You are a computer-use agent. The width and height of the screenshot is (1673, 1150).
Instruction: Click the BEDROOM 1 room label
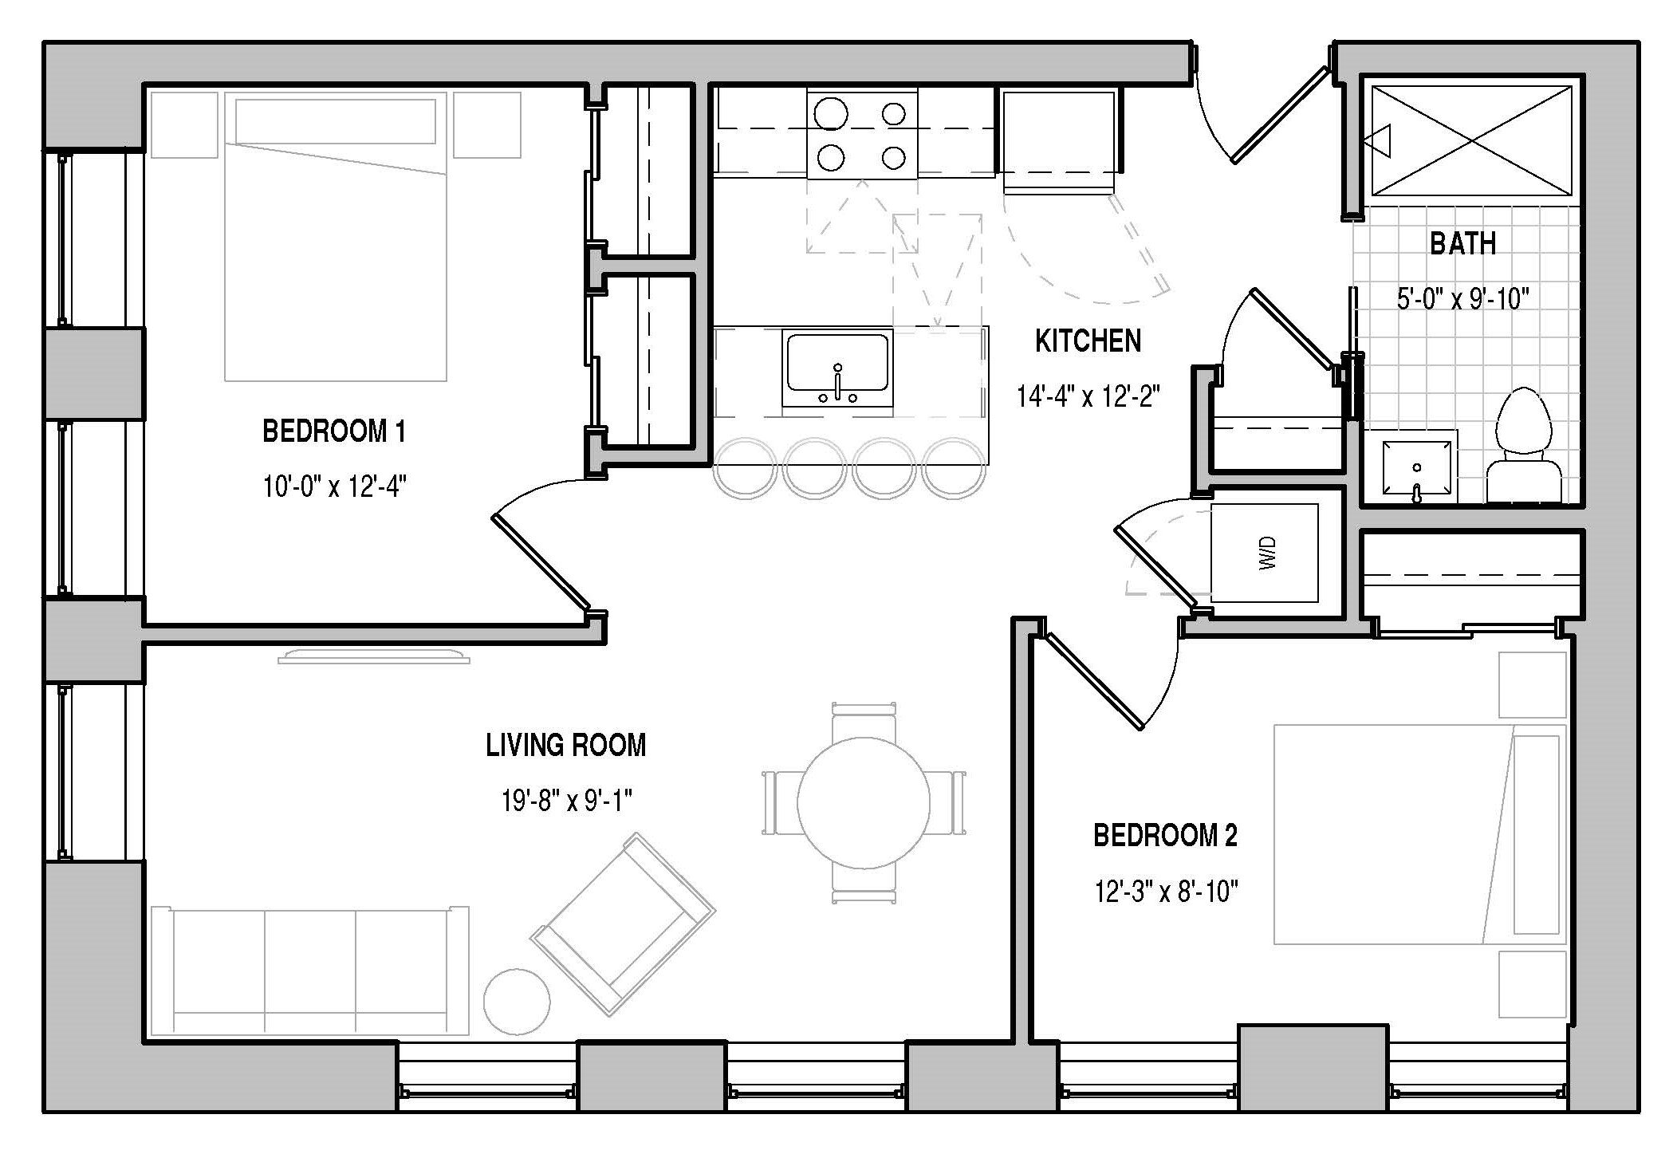pyautogui.click(x=334, y=431)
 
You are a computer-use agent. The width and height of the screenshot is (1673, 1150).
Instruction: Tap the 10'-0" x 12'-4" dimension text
pyautogui.click(x=335, y=486)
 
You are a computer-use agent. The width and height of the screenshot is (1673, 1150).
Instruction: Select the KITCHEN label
pyautogui.click(x=1088, y=341)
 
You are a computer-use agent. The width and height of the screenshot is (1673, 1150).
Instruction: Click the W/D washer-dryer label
pyautogui.click(x=1268, y=552)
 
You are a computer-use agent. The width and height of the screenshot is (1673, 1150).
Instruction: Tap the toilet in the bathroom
pyautogui.click(x=1523, y=446)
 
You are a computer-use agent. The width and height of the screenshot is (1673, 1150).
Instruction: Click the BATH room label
pyautogui.click(x=1462, y=243)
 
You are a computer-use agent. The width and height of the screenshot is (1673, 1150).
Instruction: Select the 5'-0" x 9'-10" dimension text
pyautogui.click(x=1462, y=299)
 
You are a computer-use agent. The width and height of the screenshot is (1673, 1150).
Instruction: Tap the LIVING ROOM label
pyautogui.click(x=565, y=746)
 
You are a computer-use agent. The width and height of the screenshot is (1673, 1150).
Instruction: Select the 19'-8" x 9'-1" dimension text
pyautogui.click(x=566, y=800)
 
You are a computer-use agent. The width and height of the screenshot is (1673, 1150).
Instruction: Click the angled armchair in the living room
pyautogui.click(x=623, y=924)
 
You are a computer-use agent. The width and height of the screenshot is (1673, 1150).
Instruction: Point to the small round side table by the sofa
pyautogui.click(x=517, y=1002)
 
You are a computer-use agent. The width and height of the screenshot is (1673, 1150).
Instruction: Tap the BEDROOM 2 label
pyautogui.click(x=1165, y=836)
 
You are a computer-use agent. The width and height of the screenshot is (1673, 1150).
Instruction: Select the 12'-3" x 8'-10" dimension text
pyautogui.click(x=1166, y=891)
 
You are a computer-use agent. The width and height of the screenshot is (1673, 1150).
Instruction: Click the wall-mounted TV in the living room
pyautogui.click(x=374, y=656)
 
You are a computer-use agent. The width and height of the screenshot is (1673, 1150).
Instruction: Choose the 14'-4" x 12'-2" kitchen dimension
pyautogui.click(x=1088, y=396)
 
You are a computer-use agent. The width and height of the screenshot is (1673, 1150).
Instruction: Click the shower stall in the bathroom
pyautogui.click(x=1471, y=140)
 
